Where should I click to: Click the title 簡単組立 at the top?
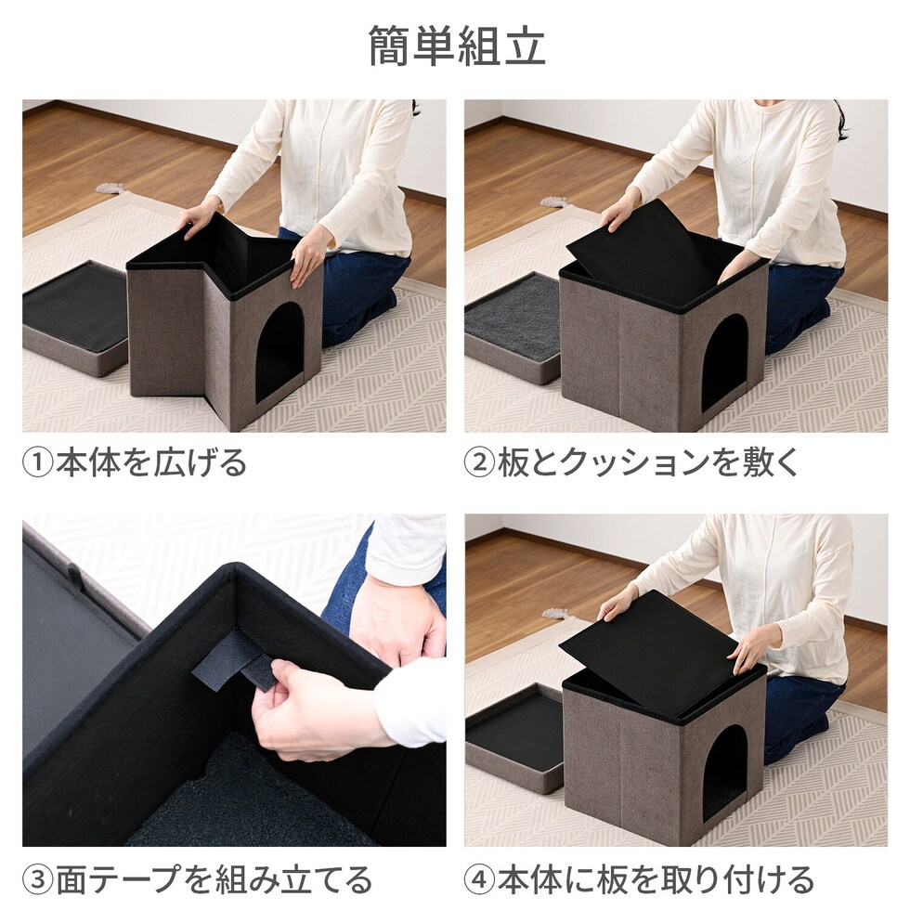[x=457, y=46]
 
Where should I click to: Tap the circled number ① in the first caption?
[x=38, y=463]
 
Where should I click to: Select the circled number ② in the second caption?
[x=480, y=463]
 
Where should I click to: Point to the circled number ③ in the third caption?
[x=38, y=880]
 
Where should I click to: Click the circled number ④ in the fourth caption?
[x=480, y=880]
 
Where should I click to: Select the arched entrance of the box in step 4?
[x=724, y=773]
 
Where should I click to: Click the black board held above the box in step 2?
[x=645, y=247]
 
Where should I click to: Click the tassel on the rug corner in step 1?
[x=110, y=189]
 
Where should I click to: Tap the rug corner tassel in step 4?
[x=555, y=614]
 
